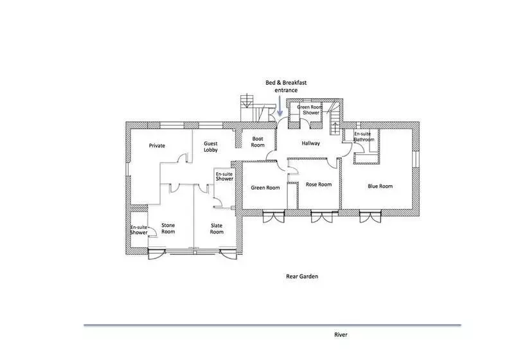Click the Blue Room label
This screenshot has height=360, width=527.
pyautogui.click(x=380, y=186)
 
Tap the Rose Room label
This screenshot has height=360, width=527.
pyautogui.click(x=319, y=184)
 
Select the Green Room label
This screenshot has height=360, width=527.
pyautogui.click(x=265, y=188)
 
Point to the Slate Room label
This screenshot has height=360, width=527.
pyautogui.click(x=217, y=229)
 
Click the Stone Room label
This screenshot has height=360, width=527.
pyautogui.click(x=168, y=229)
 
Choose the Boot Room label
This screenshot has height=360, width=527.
pyautogui.click(x=258, y=142)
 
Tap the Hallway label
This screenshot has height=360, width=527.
pyautogui.click(x=310, y=143)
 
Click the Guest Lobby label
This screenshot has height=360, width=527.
pyautogui.click(x=211, y=147)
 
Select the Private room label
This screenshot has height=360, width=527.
pyautogui.click(x=157, y=145)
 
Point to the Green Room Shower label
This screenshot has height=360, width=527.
pyautogui.click(x=310, y=110)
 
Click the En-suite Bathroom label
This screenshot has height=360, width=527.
pyautogui.click(x=364, y=136)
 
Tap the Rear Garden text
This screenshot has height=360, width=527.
pyautogui.click(x=302, y=276)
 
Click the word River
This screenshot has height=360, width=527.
pyautogui.click(x=341, y=334)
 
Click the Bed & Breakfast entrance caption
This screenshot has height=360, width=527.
pyautogui.click(x=286, y=86)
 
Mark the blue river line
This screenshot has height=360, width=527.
pyautogui.click(x=272, y=325)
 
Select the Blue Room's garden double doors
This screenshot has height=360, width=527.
pyautogui.click(x=370, y=216)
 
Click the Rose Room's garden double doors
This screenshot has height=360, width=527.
pyautogui.click(x=321, y=216)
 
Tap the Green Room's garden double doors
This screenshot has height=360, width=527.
pyautogui.click(x=274, y=216)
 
